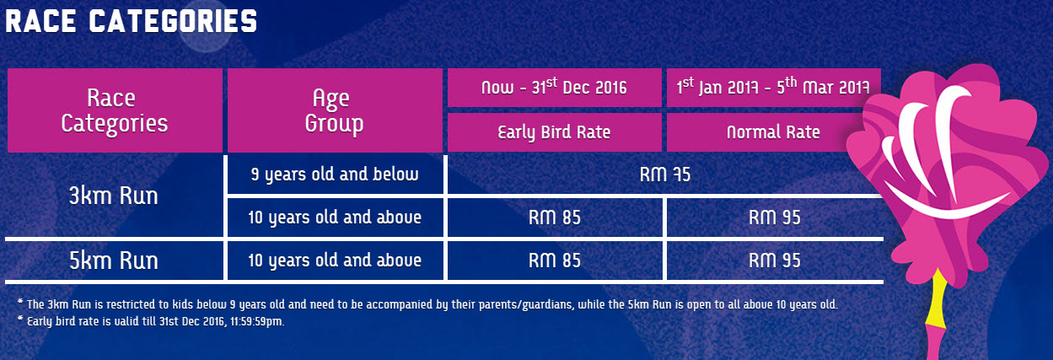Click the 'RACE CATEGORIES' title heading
coord(132,22)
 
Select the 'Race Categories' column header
coord(115,110)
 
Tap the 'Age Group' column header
coord(335,110)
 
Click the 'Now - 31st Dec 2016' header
coord(554,88)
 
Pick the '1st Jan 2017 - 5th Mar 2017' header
coord(773,88)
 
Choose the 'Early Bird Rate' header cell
coord(554,132)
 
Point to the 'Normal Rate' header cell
coord(773,132)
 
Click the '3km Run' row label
coord(113,196)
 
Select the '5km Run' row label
coord(113,261)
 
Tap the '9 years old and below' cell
coord(335,175)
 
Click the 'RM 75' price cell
coord(664,175)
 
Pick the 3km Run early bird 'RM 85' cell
coord(555,218)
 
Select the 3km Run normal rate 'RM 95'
coord(775,218)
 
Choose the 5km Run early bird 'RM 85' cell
coord(555,261)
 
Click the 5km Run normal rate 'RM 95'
coord(775,261)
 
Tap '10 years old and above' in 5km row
coord(335,261)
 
